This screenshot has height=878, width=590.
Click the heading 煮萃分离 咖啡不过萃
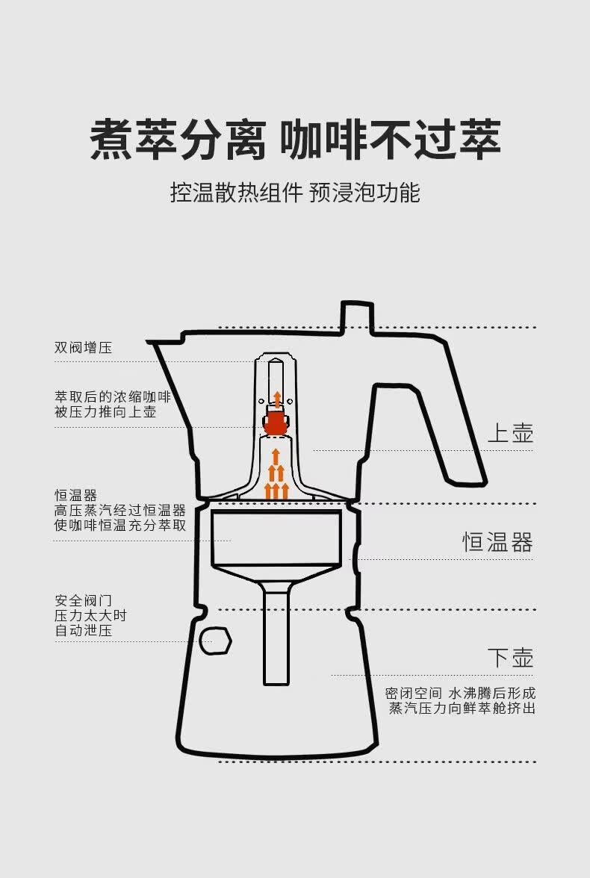[295, 139]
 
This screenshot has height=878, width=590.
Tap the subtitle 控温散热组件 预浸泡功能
[295, 193]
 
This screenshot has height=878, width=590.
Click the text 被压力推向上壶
[105, 411]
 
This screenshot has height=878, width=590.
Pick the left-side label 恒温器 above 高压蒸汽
[75, 495]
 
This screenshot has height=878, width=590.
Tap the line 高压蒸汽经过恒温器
[119, 510]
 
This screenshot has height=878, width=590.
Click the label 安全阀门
[83, 600]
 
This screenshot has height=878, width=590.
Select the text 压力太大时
[90, 615]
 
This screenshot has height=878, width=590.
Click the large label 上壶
[510, 433]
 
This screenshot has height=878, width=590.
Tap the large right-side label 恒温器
[497, 542]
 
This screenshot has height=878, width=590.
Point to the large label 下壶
[510, 658]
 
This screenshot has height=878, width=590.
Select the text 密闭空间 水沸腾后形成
[460, 693]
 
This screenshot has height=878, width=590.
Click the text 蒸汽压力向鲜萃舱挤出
[462, 708]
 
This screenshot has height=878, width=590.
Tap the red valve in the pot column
[276, 423]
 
